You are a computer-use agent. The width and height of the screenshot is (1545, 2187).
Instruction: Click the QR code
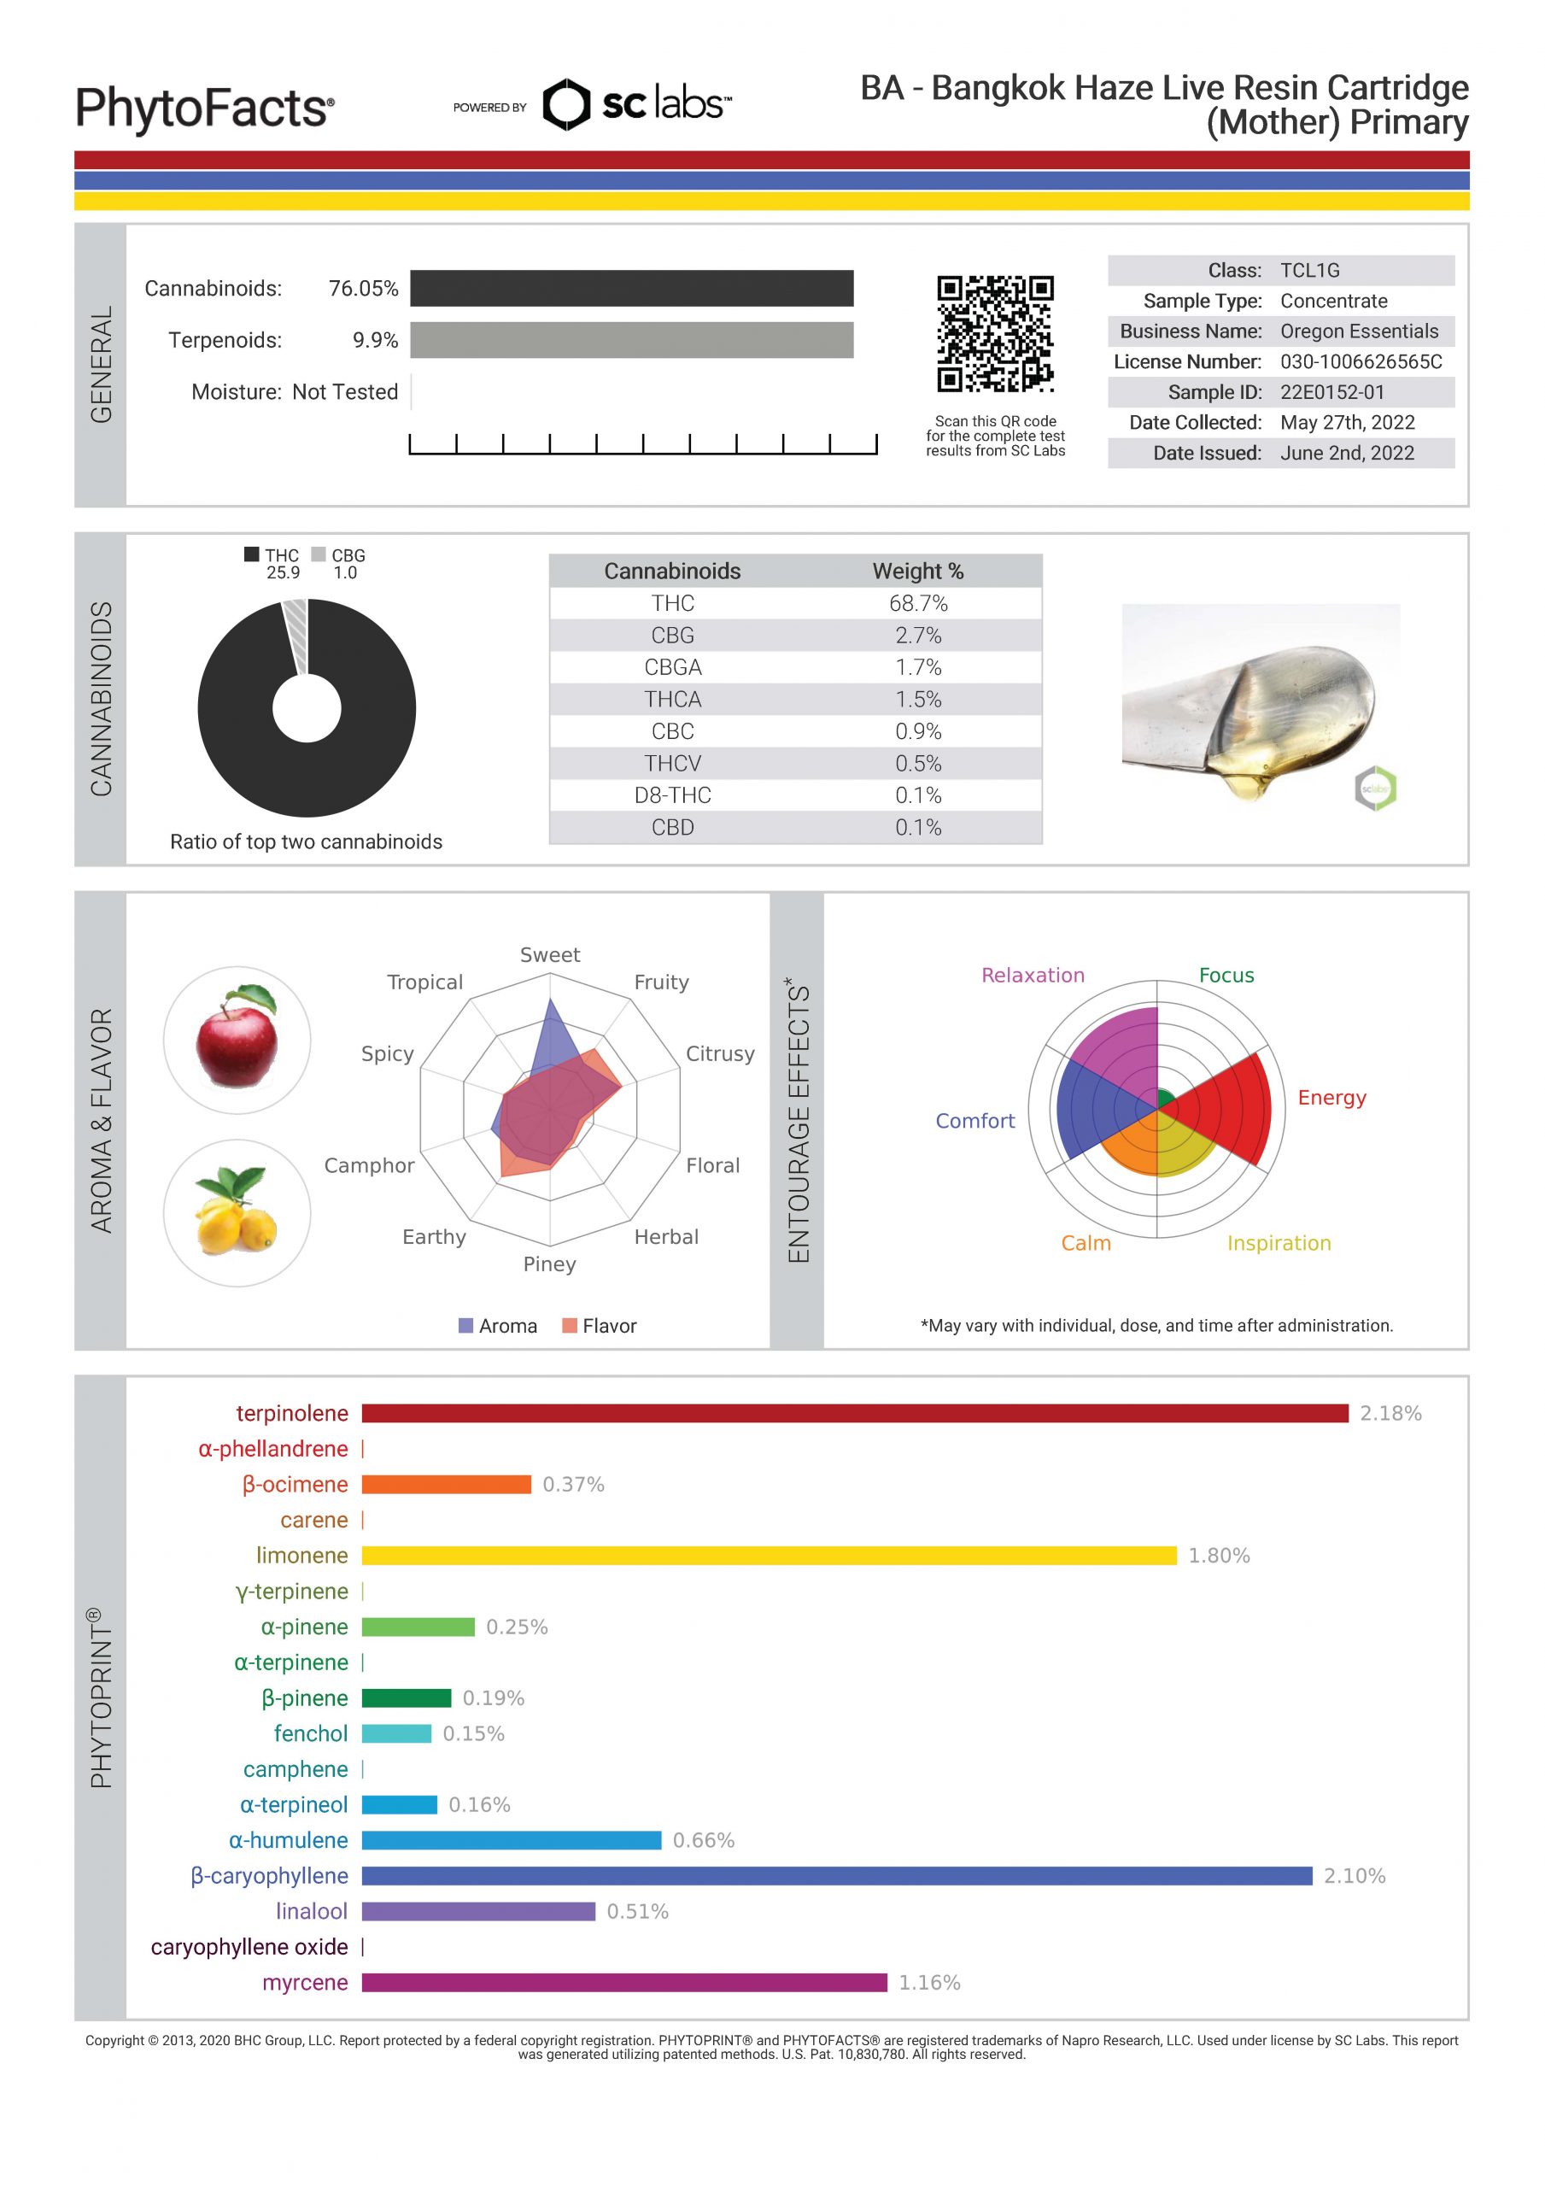coord(994,333)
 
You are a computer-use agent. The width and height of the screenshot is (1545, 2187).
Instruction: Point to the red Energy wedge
coord(1229,1109)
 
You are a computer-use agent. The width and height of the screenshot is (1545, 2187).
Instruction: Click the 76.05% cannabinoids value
coord(363,289)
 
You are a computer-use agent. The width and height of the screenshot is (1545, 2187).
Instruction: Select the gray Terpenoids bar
coord(631,340)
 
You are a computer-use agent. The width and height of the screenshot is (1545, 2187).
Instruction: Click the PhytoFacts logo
coord(205,108)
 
